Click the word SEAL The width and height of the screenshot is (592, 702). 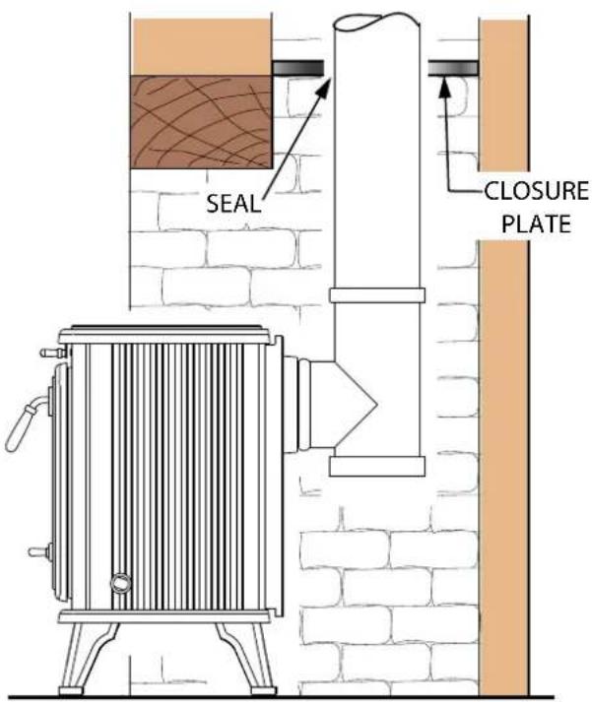pyautogui.click(x=233, y=204)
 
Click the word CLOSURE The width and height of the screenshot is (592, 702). pyautogui.click(x=537, y=191)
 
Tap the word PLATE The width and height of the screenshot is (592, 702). pyautogui.click(x=536, y=223)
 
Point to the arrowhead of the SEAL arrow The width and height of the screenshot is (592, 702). pyautogui.click(x=324, y=89)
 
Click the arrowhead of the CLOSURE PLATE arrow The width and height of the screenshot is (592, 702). pyautogui.click(x=444, y=87)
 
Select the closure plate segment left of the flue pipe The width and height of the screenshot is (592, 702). pyautogui.click(x=297, y=68)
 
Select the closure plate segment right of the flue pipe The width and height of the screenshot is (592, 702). pyautogui.click(x=453, y=68)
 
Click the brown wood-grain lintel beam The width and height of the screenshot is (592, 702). pyautogui.click(x=201, y=122)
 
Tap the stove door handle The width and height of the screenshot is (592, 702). pyautogui.click(x=25, y=421)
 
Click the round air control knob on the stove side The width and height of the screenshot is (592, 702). pyautogui.click(x=121, y=583)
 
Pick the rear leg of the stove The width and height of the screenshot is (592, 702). pyautogui.click(x=244, y=658)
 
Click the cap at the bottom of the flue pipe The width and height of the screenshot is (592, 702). pyautogui.click(x=377, y=467)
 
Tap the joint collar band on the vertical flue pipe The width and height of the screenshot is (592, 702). pyautogui.click(x=377, y=295)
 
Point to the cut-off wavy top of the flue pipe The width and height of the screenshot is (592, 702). pyautogui.click(x=377, y=22)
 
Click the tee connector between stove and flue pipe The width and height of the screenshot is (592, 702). pyautogui.click(x=331, y=405)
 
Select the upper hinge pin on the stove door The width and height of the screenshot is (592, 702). pyautogui.click(x=54, y=353)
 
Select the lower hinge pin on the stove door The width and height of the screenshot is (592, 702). pyautogui.click(x=41, y=552)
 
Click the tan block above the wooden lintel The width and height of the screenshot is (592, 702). pyautogui.click(x=201, y=46)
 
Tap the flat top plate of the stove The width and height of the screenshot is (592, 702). pyautogui.click(x=165, y=334)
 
